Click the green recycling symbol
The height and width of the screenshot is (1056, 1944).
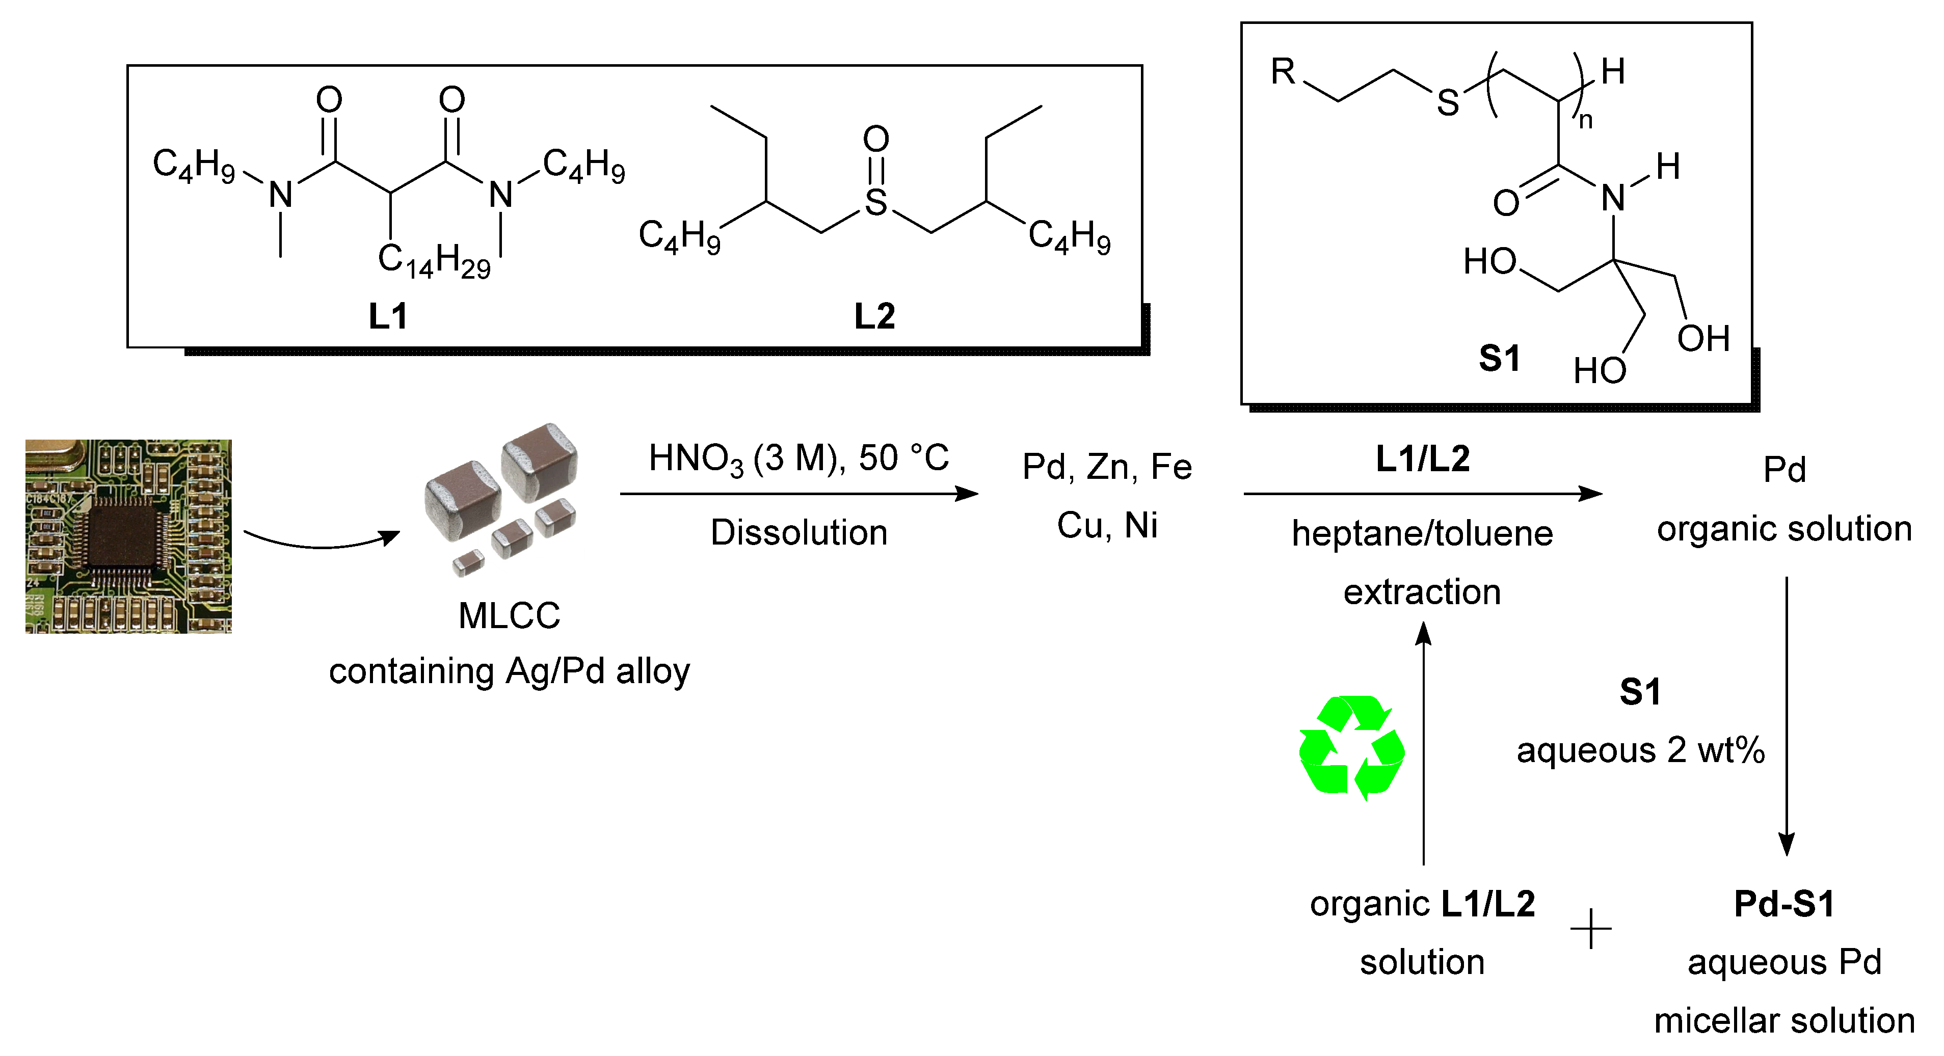1351,747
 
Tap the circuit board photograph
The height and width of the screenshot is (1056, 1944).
128,536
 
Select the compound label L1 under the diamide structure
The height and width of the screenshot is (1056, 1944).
388,315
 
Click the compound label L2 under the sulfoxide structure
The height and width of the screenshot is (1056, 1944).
874,315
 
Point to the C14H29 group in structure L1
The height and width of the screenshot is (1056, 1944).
434,261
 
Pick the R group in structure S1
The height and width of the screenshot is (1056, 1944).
1283,72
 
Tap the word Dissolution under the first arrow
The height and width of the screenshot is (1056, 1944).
798,532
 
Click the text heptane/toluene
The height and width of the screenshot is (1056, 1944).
1422,533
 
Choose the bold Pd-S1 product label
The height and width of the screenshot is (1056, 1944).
1784,904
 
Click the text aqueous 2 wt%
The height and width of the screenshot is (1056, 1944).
1641,750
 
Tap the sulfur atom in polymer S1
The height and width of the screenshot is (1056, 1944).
1448,102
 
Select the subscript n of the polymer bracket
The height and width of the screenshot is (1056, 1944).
1586,121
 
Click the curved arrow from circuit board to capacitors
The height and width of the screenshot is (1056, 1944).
321,541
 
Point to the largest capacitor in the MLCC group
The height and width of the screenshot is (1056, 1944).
540,461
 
